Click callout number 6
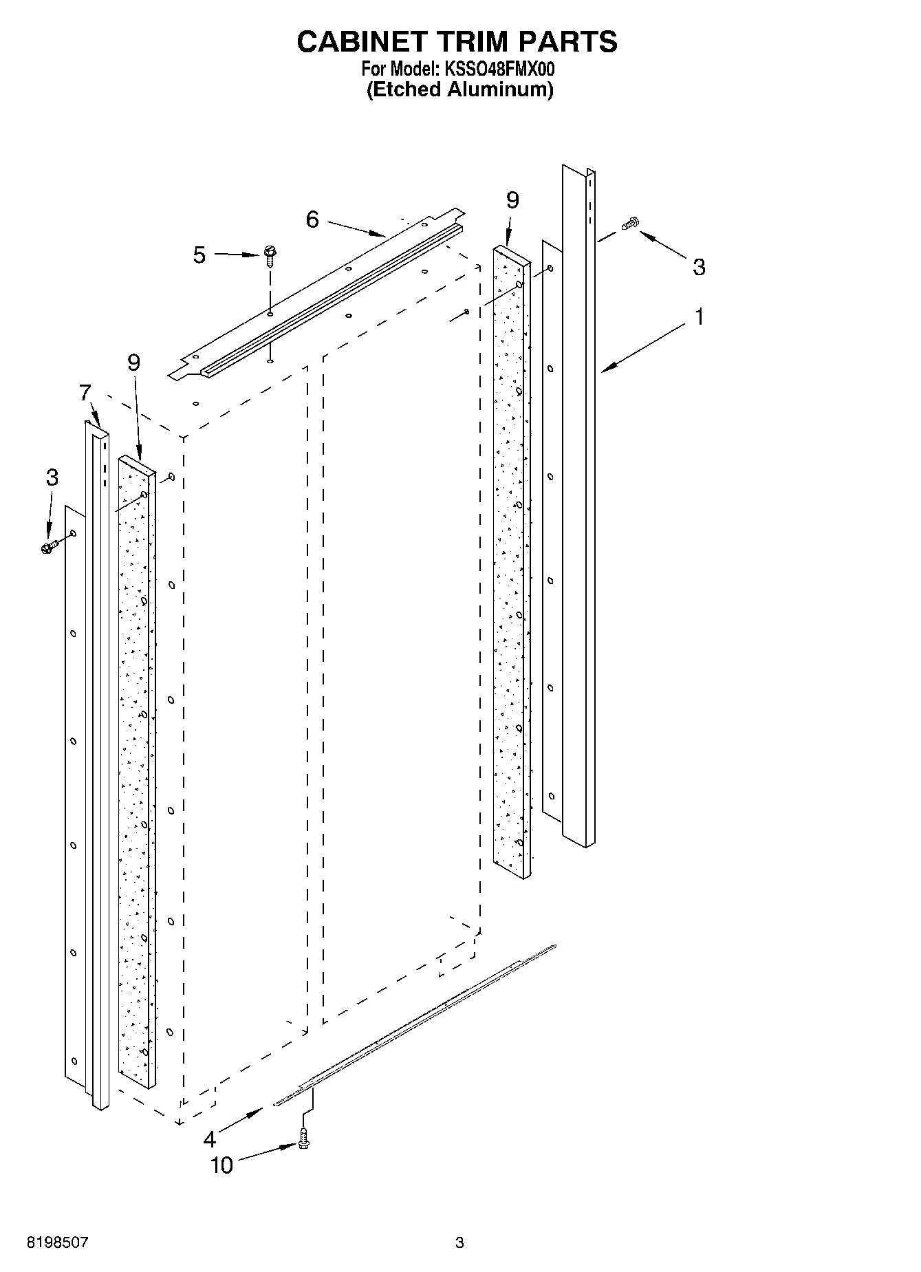coord(312,219)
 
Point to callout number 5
coord(199,255)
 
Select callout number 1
coord(699,317)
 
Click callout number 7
coord(85,393)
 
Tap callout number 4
coord(210,1139)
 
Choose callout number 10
coord(221,1165)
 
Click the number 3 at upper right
coord(699,267)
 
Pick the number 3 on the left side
coord(52,477)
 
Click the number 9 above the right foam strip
coord(512,200)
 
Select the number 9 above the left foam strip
coord(133,363)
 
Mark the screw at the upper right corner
coord(629,223)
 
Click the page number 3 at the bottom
coord(459,1243)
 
